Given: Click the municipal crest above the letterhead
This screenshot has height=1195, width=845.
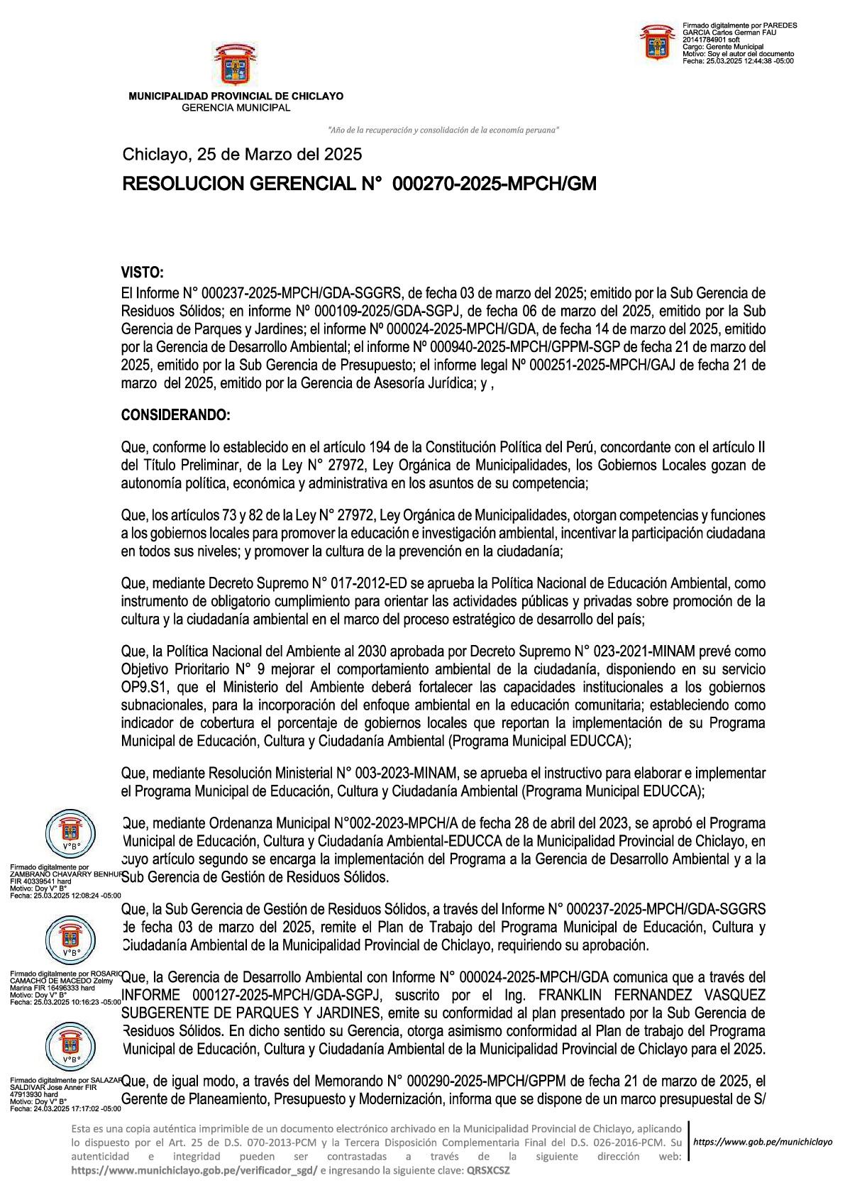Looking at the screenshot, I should [235, 65].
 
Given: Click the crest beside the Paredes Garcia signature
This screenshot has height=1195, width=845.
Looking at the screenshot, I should [657, 43].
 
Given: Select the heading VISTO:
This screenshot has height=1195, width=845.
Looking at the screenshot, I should [142, 272].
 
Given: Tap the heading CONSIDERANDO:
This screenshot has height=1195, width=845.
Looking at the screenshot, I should [175, 415].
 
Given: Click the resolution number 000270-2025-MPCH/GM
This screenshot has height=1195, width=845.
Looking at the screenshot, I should [494, 184].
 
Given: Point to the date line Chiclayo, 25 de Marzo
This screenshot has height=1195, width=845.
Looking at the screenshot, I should [242, 154].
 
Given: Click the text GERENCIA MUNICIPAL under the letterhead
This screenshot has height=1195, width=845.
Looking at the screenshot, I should [236, 108].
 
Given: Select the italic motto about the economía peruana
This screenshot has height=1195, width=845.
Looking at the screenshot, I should [443, 130].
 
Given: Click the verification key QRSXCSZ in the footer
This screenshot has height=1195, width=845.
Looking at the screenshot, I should [487, 1170].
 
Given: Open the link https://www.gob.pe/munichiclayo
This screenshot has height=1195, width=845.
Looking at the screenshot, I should [762, 1142].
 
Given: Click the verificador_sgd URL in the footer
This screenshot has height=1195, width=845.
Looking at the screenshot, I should [194, 1170].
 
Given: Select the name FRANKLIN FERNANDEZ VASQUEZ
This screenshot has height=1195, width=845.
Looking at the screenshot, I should [652, 995].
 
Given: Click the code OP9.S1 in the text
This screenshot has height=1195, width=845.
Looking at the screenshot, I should [145, 687].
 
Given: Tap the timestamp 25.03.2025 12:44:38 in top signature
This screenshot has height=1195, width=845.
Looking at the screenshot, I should [749, 61].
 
